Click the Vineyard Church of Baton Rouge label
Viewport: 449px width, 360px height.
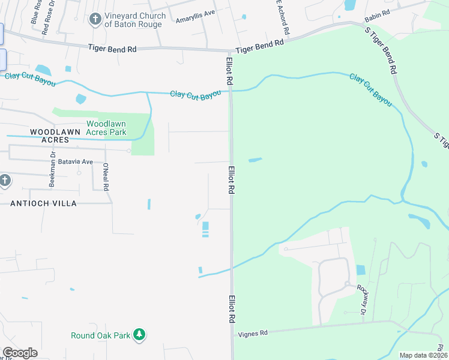coord(133,20)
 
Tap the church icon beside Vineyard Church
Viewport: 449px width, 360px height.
coord(94,20)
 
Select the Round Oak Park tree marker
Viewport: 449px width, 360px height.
coord(139,334)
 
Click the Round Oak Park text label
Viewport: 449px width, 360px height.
coord(100,335)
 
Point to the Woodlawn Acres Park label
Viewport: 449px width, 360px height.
coord(106,127)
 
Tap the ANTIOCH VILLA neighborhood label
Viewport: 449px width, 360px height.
coord(43,203)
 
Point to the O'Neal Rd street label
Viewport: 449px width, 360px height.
coord(106,176)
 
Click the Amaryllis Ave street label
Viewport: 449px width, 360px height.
coord(195,16)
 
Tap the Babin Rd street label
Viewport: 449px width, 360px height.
coord(378,12)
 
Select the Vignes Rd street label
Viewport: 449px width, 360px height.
coord(252,332)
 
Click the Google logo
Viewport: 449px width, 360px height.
coord(20,352)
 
